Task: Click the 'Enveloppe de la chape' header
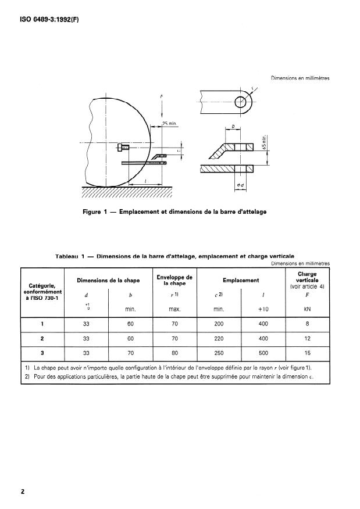coord(174,281)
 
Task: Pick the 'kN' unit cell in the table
coord(307,309)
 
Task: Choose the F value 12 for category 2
coord(307,338)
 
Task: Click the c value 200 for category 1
coord(219,324)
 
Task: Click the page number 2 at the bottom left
coord(23,492)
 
